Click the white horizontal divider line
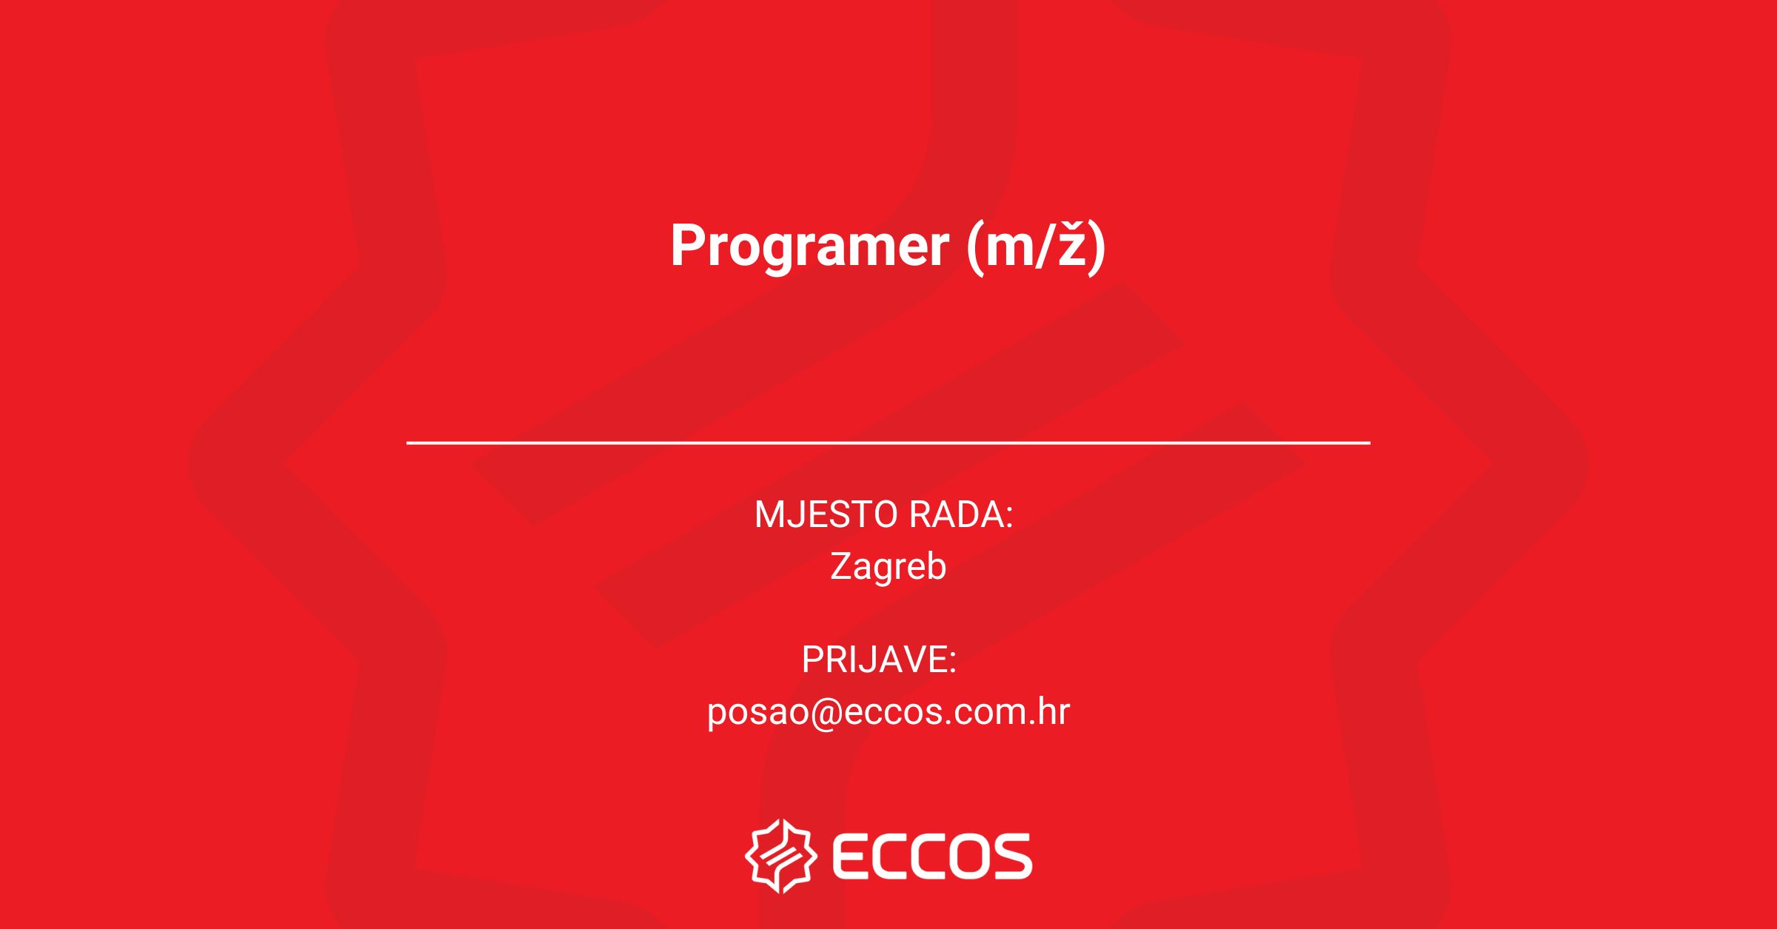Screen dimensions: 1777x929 tap(888, 443)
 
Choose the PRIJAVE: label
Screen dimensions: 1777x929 tap(879, 660)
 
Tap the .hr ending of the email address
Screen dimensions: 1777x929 tap(1046, 711)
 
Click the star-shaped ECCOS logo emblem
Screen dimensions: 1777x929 tap(781, 856)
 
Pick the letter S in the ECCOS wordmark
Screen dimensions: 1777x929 tap(1010, 856)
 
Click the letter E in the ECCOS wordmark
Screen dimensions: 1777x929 tap(851, 856)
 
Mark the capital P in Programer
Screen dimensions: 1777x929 tap(688, 245)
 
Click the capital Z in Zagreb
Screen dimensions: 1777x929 tap(842, 566)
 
